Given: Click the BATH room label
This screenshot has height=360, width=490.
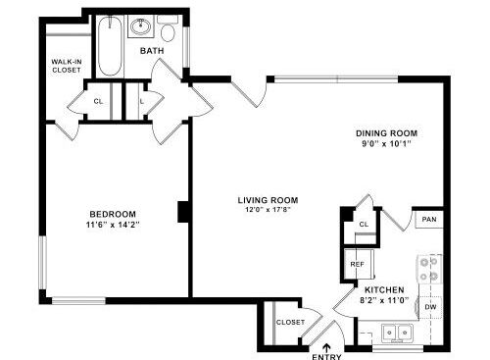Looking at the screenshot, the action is [x=152, y=51].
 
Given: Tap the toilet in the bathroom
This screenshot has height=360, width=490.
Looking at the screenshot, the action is [x=168, y=28].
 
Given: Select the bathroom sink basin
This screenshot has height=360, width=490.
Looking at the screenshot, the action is [x=141, y=26].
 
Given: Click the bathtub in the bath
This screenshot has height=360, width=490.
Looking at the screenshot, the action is [x=110, y=46].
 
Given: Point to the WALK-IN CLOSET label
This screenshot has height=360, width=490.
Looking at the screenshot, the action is [x=67, y=66].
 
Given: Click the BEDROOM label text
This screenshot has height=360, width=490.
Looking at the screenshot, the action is [x=113, y=214].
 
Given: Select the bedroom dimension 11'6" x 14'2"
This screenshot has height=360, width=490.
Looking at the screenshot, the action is [x=113, y=225].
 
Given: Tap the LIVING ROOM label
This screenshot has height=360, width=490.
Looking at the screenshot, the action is [x=268, y=200].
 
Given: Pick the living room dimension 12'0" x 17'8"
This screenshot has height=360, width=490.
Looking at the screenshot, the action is [x=268, y=210].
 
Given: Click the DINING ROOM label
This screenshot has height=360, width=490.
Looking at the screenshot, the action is [x=386, y=133].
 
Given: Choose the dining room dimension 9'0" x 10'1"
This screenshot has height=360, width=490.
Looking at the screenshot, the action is [x=386, y=143].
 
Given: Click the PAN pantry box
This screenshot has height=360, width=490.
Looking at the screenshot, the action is [x=429, y=220].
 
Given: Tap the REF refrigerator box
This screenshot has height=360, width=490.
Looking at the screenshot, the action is [x=358, y=264].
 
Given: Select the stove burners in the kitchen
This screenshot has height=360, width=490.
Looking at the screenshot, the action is [x=429, y=269].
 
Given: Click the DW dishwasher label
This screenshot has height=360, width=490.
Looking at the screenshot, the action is [x=430, y=307].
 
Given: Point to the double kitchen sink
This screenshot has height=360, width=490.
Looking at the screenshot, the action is [x=397, y=333].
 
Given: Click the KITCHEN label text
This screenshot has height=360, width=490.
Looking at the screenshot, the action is [x=384, y=289].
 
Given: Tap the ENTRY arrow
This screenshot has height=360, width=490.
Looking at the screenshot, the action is [x=326, y=347].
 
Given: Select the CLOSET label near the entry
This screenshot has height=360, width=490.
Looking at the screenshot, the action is [x=290, y=322].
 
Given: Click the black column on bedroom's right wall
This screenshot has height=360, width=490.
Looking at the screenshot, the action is [x=183, y=212].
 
